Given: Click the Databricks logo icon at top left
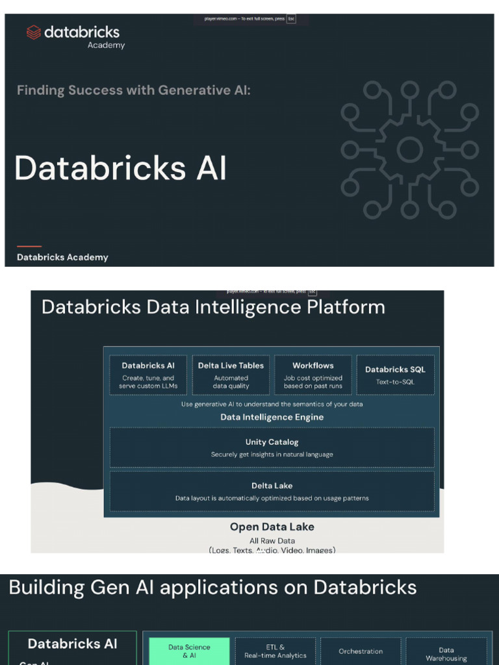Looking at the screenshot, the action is [34, 32].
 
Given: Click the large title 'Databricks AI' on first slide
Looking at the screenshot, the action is [121, 168].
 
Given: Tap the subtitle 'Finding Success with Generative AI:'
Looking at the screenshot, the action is [133, 90].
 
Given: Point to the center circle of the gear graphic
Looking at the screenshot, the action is [409, 150].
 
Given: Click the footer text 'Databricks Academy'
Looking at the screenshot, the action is [62, 257].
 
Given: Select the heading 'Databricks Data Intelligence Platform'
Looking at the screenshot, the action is [213, 307].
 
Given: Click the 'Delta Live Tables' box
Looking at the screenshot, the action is [231, 375].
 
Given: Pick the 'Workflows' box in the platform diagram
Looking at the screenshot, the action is [313, 375].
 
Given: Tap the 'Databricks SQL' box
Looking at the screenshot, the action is [395, 375].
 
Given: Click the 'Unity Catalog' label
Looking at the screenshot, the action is [272, 442].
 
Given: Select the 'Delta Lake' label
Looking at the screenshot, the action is [272, 486].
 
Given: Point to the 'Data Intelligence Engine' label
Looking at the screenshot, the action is [272, 417].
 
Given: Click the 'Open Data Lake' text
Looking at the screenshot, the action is [272, 527].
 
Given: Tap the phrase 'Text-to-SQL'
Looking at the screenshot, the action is [395, 382].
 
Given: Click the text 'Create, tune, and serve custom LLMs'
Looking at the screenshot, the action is [148, 382].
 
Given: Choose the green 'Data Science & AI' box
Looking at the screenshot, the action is [189, 651].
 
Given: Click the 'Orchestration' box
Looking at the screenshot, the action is [361, 651].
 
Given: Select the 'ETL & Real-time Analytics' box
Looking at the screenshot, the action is [275, 651].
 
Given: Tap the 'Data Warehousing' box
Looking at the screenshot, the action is [446, 653].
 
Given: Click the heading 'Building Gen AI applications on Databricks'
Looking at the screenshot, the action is [212, 588].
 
